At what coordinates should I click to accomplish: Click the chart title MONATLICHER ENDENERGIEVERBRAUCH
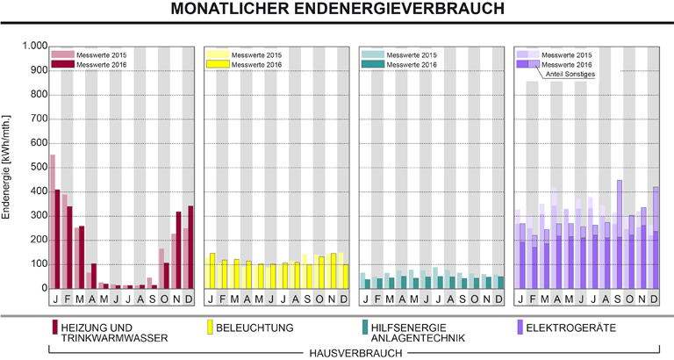tap(337, 10)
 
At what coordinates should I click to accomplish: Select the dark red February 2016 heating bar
tap(70, 247)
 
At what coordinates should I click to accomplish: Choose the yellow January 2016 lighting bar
tap(212, 270)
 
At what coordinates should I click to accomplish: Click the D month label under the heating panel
tap(190, 299)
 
